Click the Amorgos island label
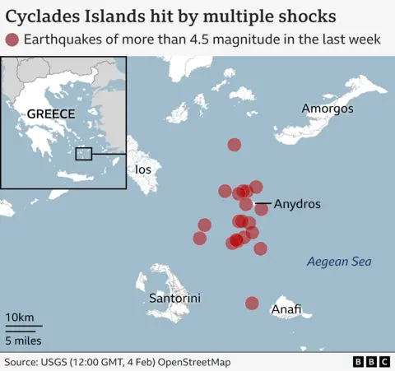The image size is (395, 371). pyautogui.click(x=328, y=109)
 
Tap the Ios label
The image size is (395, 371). pyautogui.click(x=143, y=169)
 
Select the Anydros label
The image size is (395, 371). pyautogui.click(x=297, y=203)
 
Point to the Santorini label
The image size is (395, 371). pyautogui.click(x=174, y=298)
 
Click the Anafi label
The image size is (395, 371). pyautogui.click(x=286, y=309)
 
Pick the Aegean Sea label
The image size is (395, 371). pyautogui.click(x=339, y=262)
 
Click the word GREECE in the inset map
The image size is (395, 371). pyautogui.click(x=51, y=114)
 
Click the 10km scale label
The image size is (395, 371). pyautogui.click(x=20, y=318)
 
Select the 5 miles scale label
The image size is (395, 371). pyautogui.click(x=23, y=340)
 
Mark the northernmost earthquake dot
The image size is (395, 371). pyautogui.click(x=235, y=145)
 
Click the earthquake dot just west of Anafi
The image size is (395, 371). pyautogui.click(x=252, y=304)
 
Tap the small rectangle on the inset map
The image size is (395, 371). pyautogui.click(x=83, y=153)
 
